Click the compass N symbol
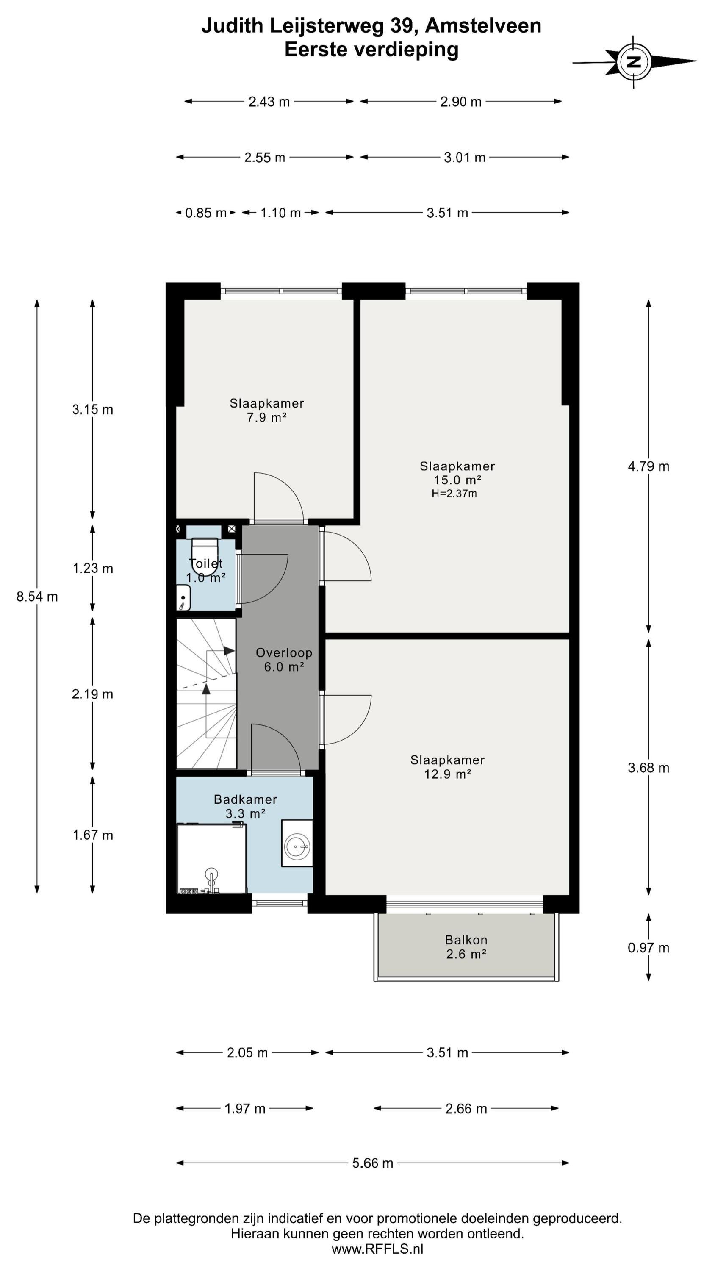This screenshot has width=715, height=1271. coord(634,62)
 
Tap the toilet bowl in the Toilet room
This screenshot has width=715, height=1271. coord(205,557)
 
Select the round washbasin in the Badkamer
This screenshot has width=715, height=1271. coord(297,846)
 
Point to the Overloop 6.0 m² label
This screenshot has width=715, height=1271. coord(284,660)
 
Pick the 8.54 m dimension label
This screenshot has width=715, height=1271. coord(37,597)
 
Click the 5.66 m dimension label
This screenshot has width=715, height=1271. coord(373,1163)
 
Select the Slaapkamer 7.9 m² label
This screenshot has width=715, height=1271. coord(266,410)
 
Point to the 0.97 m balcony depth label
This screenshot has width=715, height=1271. coord(648,947)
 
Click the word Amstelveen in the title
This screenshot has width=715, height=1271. coord(483,26)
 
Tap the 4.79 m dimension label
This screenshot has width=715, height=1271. coord(648,466)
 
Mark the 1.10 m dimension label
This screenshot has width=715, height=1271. coord(280,213)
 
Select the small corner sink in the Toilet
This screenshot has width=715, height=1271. coord(183,597)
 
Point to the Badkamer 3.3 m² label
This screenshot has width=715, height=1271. coord(245,806)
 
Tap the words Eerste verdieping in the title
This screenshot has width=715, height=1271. coord(371,49)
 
